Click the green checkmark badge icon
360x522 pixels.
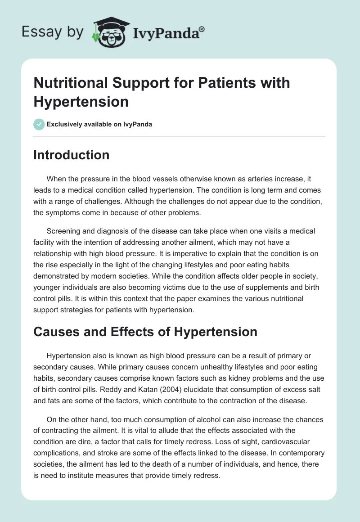[39, 124]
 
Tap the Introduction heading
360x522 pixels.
[72, 155]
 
